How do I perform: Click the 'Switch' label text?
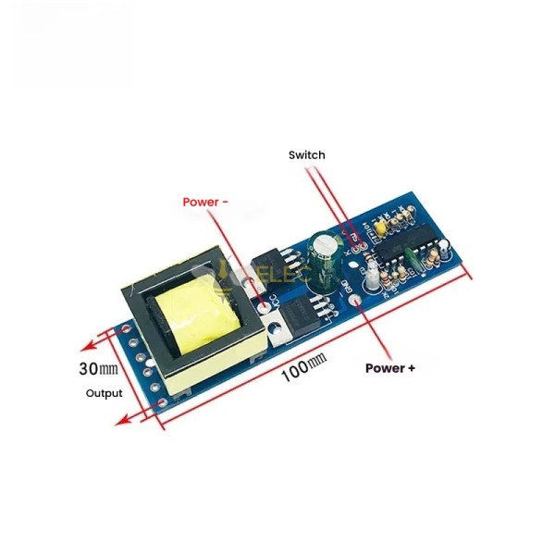click(x=306, y=155)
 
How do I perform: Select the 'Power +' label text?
click(x=390, y=367)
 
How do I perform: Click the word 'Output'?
click(x=104, y=393)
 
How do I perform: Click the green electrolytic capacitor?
click(x=324, y=253)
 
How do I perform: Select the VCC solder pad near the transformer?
click(x=272, y=302)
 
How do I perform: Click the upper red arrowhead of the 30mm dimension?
click(x=84, y=347)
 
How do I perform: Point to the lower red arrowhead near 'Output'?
click(x=120, y=421)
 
